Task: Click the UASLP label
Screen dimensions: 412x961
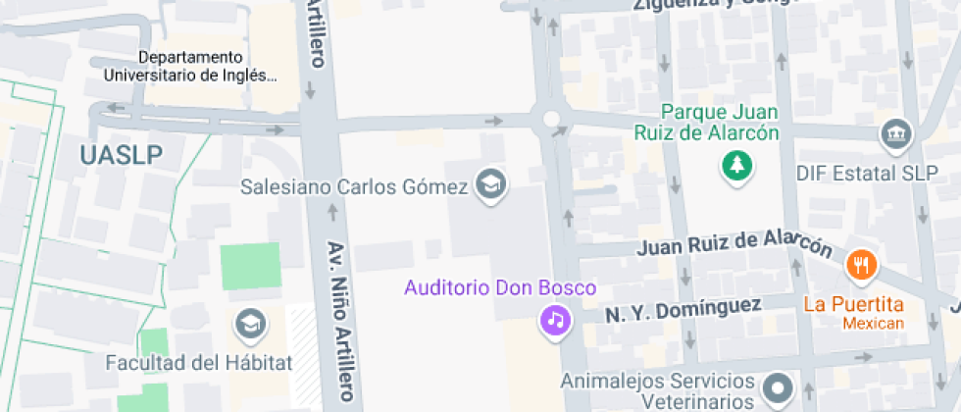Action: click(x=122, y=154)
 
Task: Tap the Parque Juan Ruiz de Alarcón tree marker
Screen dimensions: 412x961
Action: click(x=735, y=166)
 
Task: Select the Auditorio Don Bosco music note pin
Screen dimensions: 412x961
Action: click(x=556, y=319)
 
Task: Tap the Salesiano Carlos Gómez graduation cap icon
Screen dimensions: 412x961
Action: click(x=488, y=182)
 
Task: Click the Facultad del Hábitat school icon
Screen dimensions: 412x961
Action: click(x=250, y=322)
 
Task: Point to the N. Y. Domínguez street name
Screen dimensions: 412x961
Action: click(x=683, y=310)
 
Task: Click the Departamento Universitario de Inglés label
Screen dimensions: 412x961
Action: click(x=190, y=66)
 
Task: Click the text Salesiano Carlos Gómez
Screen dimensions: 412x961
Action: click(x=356, y=186)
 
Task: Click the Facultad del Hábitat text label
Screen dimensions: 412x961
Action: click(x=199, y=363)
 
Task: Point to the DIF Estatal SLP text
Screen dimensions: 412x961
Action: click(x=861, y=174)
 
